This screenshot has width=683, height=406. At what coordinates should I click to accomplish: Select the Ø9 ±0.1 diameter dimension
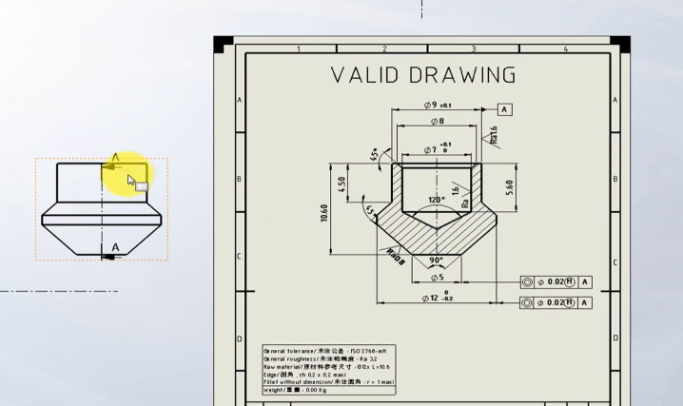[438, 105]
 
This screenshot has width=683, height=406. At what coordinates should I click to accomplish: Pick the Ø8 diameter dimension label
[437, 122]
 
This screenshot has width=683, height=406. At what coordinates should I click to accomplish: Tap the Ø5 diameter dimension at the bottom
[437, 278]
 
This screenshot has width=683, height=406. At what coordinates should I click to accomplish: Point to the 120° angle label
[437, 201]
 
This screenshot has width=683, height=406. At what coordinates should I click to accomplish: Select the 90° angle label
[437, 260]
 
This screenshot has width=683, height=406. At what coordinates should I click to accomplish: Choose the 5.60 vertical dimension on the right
[511, 186]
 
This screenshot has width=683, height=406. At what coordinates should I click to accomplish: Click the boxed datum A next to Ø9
[504, 109]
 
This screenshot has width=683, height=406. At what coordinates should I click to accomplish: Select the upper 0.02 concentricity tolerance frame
[556, 282]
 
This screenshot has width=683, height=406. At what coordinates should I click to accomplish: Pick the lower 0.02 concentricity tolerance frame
[556, 302]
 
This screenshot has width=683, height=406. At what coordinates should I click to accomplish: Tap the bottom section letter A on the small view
[116, 248]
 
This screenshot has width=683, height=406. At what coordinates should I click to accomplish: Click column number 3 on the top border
[473, 48]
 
